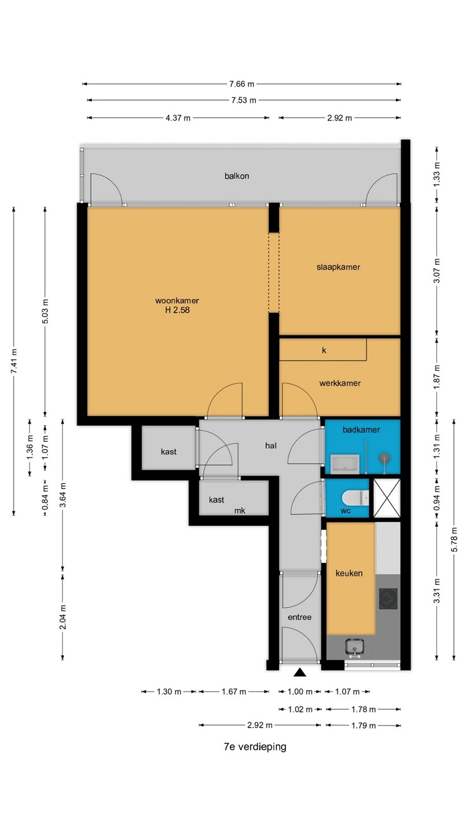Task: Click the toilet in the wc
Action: [x=355, y=498]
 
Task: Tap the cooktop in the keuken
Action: [x=388, y=599]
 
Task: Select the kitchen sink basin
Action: [x=355, y=647]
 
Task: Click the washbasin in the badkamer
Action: [x=345, y=464]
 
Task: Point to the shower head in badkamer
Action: [x=384, y=458]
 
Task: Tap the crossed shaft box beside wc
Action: [x=387, y=498]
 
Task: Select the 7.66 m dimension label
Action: [x=242, y=84]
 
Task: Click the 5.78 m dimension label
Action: [x=454, y=540]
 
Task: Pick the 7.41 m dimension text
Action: [x=14, y=361]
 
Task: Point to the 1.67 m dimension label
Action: [x=234, y=692]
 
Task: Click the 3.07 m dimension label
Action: [x=437, y=271]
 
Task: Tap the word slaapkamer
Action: [x=339, y=267]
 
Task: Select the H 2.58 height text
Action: [x=177, y=310]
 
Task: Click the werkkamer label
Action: [x=340, y=383]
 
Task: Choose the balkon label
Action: [x=237, y=176]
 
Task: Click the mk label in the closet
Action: [x=240, y=511]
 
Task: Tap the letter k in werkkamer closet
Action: [x=324, y=351]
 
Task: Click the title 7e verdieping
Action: [x=255, y=747]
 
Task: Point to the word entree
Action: [x=299, y=617]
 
